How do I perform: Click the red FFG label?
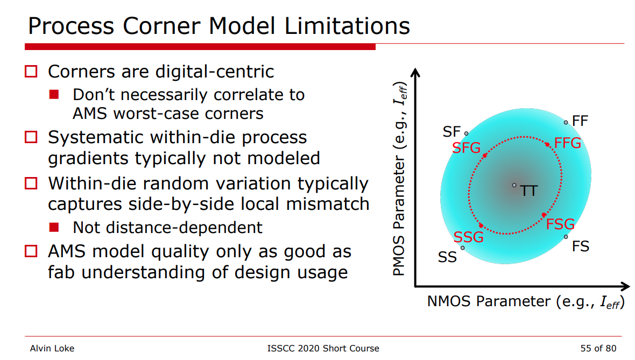coord(567,143)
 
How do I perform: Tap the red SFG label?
coord(466,148)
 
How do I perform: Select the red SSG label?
coord(469,237)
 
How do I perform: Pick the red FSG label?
coord(560,224)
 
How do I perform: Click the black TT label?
coord(529,190)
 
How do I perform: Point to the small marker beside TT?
coord(514,185)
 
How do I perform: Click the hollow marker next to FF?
coord(566,122)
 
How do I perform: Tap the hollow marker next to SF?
coord(467,133)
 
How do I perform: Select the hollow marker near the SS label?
coord(462,248)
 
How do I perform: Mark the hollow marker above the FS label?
coord(566,237)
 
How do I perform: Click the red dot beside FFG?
coord(547,145)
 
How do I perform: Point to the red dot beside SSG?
coord(481,225)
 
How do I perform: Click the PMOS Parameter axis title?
coord(399,179)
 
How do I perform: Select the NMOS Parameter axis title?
coord(526,302)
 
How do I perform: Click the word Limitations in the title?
coord(347,26)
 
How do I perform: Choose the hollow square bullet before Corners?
coord(31,71)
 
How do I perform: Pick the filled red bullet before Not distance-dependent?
coord(54,227)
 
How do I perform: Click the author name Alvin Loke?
coord(52,348)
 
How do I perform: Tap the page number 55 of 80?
coord(598,348)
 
